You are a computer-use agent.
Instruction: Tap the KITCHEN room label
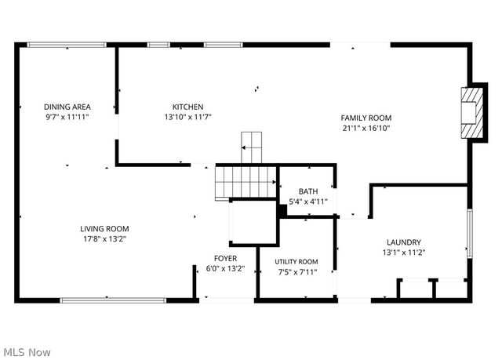click(188, 107)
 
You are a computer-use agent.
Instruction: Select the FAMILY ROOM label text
click(366, 118)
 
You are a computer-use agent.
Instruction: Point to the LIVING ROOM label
click(104, 229)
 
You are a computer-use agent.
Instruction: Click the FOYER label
click(226, 258)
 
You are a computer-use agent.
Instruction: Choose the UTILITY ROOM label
click(296, 262)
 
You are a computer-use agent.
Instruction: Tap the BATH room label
click(307, 191)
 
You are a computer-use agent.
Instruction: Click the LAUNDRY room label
click(404, 242)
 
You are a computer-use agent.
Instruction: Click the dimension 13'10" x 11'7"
click(188, 117)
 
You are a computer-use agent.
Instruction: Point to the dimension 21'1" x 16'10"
click(366, 128)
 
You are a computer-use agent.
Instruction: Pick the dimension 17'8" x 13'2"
click(104, 239)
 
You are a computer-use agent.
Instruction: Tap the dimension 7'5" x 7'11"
click(296, 272)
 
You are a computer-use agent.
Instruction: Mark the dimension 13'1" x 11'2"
click(404, 253)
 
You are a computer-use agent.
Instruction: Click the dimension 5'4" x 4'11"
click(307, 202)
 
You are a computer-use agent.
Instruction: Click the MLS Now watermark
click(26, 352)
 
